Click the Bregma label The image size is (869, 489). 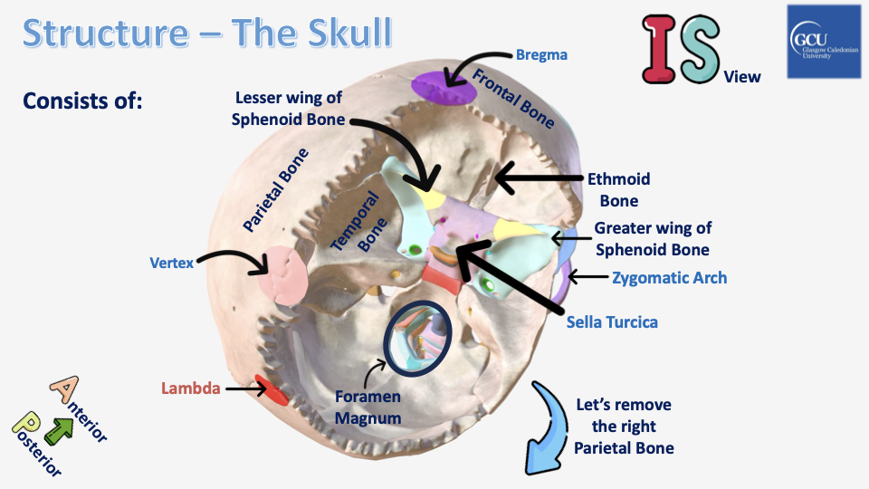click(x=541, y=55)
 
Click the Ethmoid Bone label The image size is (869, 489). click(x=619, y=190)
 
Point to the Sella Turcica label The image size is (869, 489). click(x=612, y=321)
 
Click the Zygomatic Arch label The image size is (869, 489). click(x=669, y=278)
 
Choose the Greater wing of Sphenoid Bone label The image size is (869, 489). click(x=652, y=238)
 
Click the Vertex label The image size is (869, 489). click(x=171, y=264)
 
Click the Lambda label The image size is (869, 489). click(x=190, y=388)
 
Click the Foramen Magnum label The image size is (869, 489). click(x=368, y=407)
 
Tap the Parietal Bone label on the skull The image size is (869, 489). click(x=276, y=191)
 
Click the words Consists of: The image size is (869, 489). click(x=82, y=100)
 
